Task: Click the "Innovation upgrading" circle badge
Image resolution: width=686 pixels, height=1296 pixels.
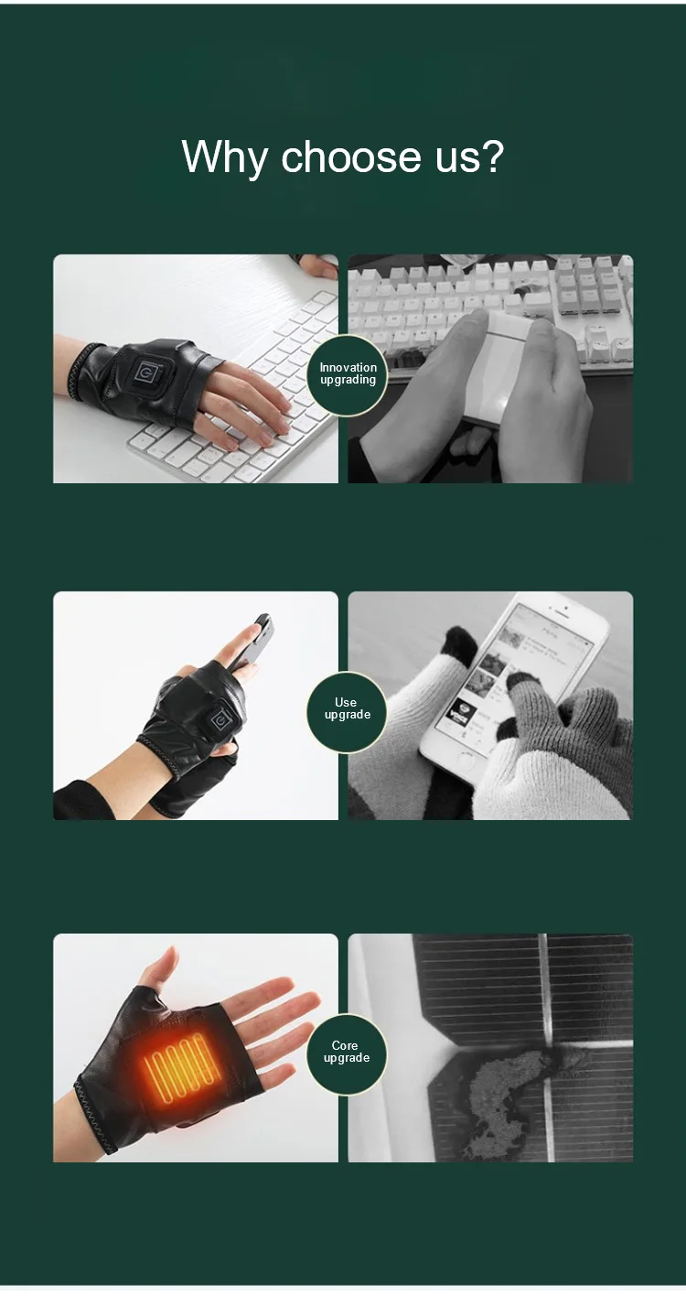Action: click(348, 373)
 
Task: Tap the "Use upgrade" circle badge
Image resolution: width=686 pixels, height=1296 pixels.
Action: click(346, 709)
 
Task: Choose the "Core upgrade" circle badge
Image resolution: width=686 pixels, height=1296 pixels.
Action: click(346, 1052)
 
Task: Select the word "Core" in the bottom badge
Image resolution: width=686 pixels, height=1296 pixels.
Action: click(345, 1045)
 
